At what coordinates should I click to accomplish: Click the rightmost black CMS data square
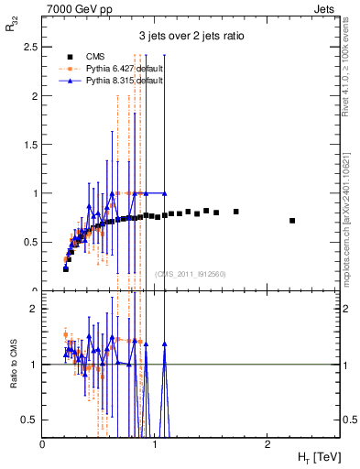292,221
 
